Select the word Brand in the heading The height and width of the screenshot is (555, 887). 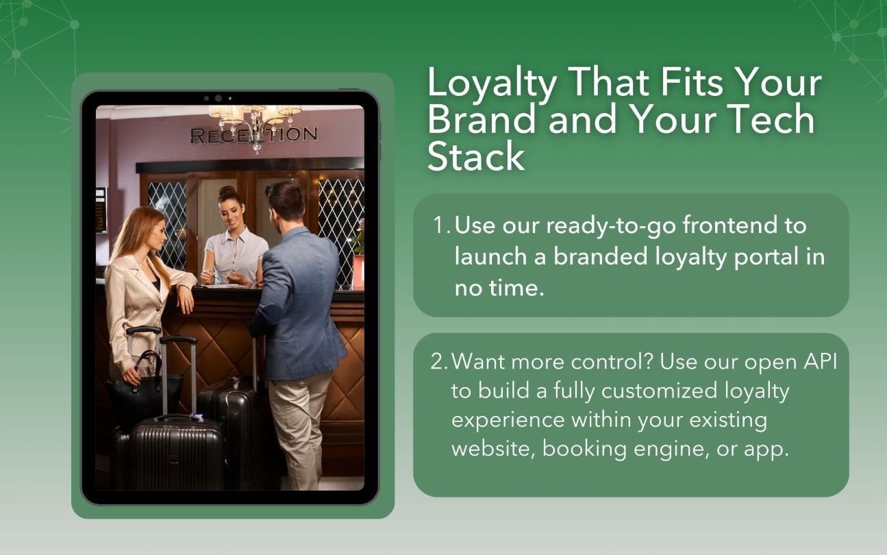point(482,119)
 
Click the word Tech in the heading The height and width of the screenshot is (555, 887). point(771,119)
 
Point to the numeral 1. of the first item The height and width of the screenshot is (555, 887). point(441,225)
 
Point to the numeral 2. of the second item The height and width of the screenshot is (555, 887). point(439,362)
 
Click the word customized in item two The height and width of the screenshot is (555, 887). point(660,391)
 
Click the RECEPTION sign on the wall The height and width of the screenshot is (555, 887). point(254,135)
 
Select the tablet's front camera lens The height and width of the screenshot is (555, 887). point(218,98)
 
